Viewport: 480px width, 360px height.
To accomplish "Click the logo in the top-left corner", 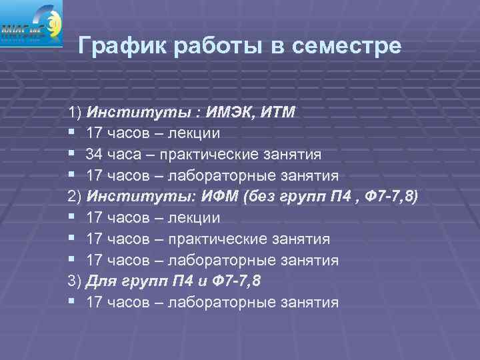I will click(31, 24).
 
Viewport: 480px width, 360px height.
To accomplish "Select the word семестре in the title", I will click(345, 46).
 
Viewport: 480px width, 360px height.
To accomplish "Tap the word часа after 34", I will click(125, 154).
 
